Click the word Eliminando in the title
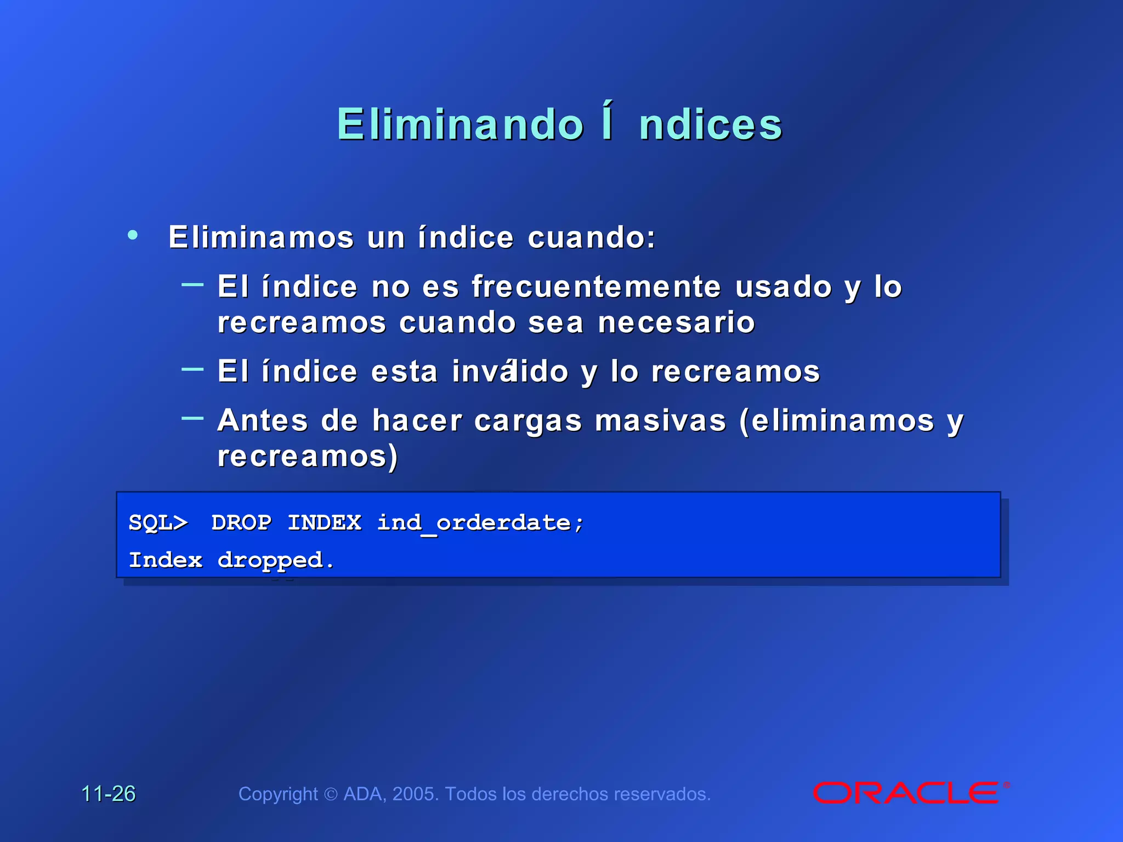coord(461,125)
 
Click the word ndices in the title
coord(711,125)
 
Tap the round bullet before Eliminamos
coord(133,236)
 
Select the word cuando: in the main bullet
coord(592,237)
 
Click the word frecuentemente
coord(596,287)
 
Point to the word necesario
coord(676,322)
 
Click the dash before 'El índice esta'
coord(192,369)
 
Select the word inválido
coord(510,372)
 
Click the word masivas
coord(660,421)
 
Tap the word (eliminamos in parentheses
coord(837,421)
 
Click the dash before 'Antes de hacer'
coord(192,418)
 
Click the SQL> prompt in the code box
coord(158,522)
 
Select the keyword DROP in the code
coord(241,522)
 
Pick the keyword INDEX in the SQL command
coord(325,522)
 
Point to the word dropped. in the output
coord(276,561)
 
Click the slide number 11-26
coord(109,794)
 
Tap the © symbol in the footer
coord(331,794)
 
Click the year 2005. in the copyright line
coord(416,794)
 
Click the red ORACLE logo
coord(906,793)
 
